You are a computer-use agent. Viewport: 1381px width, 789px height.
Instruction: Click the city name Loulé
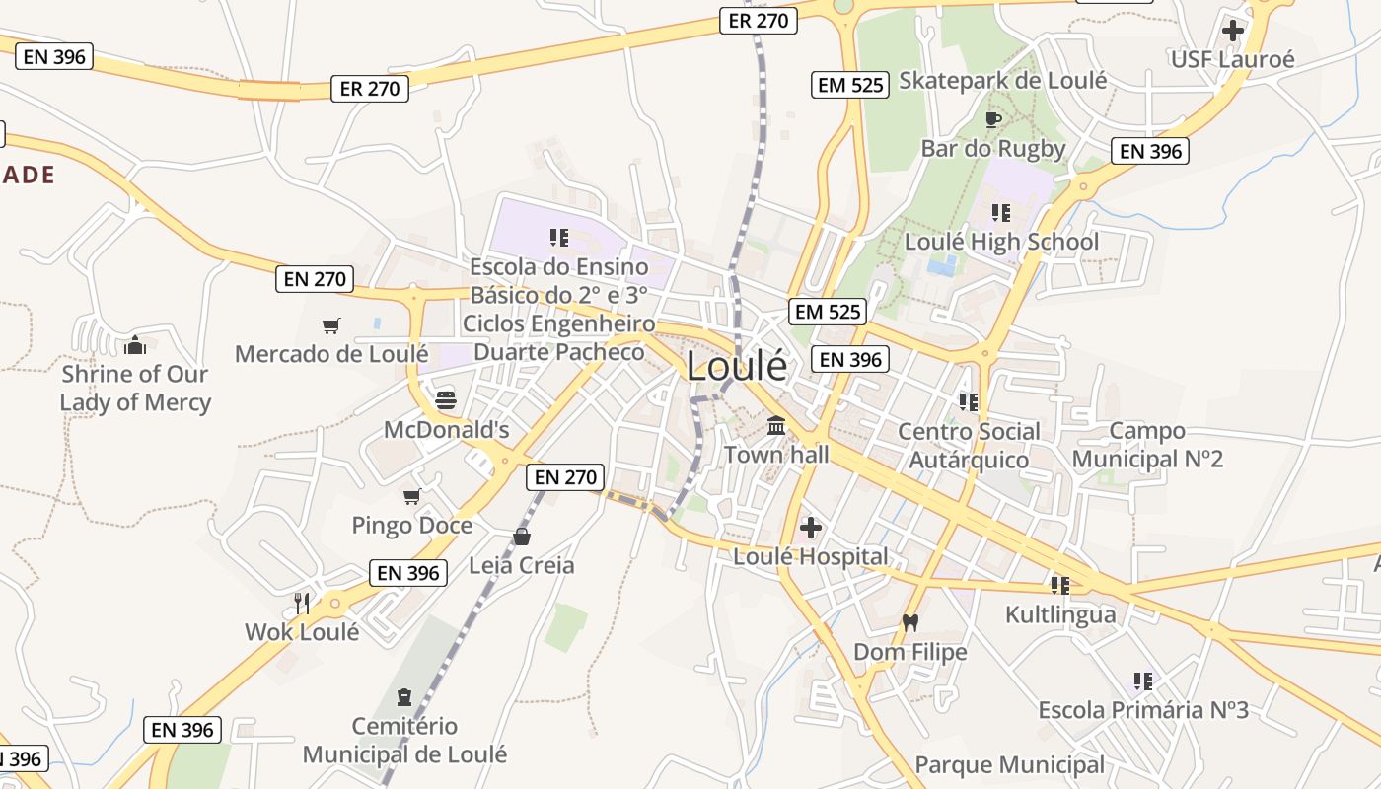pos(737,366)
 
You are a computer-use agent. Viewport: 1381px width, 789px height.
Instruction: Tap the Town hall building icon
pos(776,426)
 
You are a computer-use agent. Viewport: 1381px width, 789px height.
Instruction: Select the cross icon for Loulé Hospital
pos(811,528)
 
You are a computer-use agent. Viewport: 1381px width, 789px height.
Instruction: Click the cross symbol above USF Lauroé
pos(1232,31)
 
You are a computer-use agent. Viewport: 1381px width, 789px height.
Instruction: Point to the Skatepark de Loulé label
pos(1003,81)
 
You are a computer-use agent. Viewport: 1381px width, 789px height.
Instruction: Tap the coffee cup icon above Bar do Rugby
pos(993,120)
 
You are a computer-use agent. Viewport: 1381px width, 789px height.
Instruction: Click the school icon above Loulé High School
pos(1001,213)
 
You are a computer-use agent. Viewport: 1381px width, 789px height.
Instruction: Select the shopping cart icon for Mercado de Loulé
pos(331,325)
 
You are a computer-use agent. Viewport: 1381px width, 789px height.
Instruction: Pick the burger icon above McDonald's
pos(446,400)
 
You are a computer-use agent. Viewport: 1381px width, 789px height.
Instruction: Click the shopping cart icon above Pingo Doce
pos(411,496)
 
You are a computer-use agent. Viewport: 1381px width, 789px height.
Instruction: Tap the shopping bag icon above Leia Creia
pos(521,537)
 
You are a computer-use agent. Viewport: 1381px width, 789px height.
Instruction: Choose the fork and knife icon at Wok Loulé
pos(302,603)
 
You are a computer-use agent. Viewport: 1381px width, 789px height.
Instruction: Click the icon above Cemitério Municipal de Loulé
pos(403,697)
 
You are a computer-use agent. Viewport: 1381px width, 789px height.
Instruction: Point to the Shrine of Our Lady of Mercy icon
pos(135,345)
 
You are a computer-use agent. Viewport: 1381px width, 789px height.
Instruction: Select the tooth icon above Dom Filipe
pos(909,622)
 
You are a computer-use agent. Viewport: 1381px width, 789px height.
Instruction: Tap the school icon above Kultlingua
pos(1060,586)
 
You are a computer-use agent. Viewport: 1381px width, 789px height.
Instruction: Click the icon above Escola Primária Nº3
pos(1143,681)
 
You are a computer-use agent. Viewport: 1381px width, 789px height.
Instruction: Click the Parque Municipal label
pos(1009,765)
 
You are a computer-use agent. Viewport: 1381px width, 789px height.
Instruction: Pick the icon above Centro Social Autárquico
pos(968,402)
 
